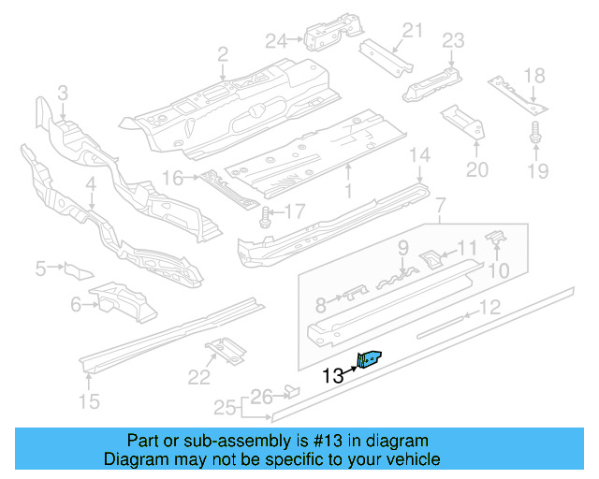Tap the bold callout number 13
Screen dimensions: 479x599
point(332,377)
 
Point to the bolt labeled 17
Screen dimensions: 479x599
point(266,216)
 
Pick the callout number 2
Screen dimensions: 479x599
point(223,56)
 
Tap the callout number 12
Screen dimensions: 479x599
point(490,307)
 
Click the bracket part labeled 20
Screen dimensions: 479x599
point(460,121)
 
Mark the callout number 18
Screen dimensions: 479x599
point(534,76)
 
